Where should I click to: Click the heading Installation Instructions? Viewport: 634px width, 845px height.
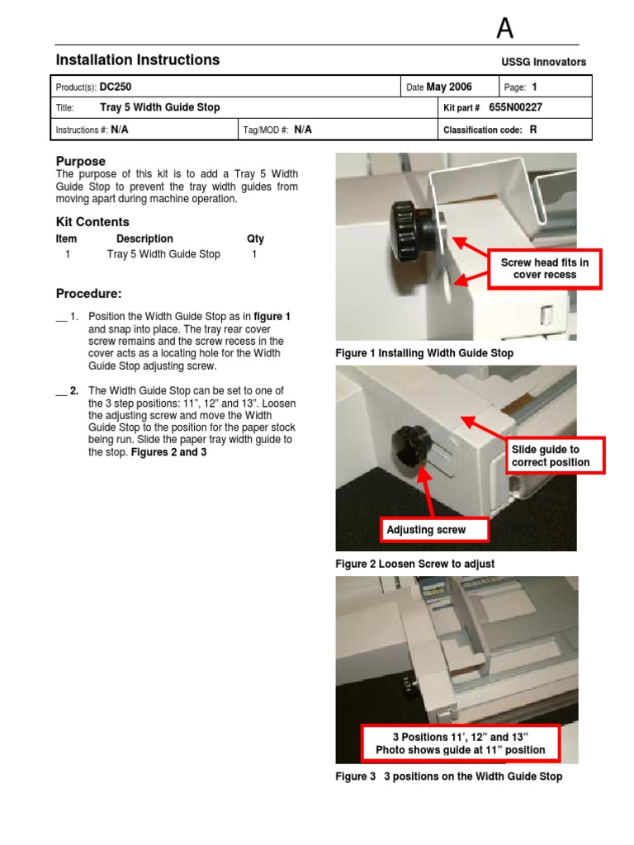pyautogui.click(x=137, y=59)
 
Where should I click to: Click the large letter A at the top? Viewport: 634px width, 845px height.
pyautogui.click(x=504, y=29)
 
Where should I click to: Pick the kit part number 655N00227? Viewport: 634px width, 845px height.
pyautogui.click(x=515, y=107)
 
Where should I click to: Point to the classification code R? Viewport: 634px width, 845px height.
pyautogui.click(x=533, y=130)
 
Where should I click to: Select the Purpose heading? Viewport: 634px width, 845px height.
pyautogui.click(x=80, y=161)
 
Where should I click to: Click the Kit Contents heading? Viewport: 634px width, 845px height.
pyautogui.click(x=92, y=222)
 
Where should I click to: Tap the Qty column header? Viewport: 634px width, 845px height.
pyautogui.click(x=255, y=238)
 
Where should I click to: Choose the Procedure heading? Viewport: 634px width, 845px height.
pyautogui.click(x=88, y=294)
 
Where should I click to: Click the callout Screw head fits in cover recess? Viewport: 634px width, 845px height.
pyautogui.click(x=544, y=268)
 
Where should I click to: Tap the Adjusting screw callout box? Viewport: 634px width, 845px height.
pyautogui.click(x=433, y=529)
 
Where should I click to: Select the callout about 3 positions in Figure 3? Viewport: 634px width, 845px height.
pyautogui.click(x=460, y=743)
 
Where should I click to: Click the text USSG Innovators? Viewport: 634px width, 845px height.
pyautogui.click(x=543, y=62)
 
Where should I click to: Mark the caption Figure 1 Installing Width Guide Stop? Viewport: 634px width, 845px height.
pyautogui.click(x=424, y=353)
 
